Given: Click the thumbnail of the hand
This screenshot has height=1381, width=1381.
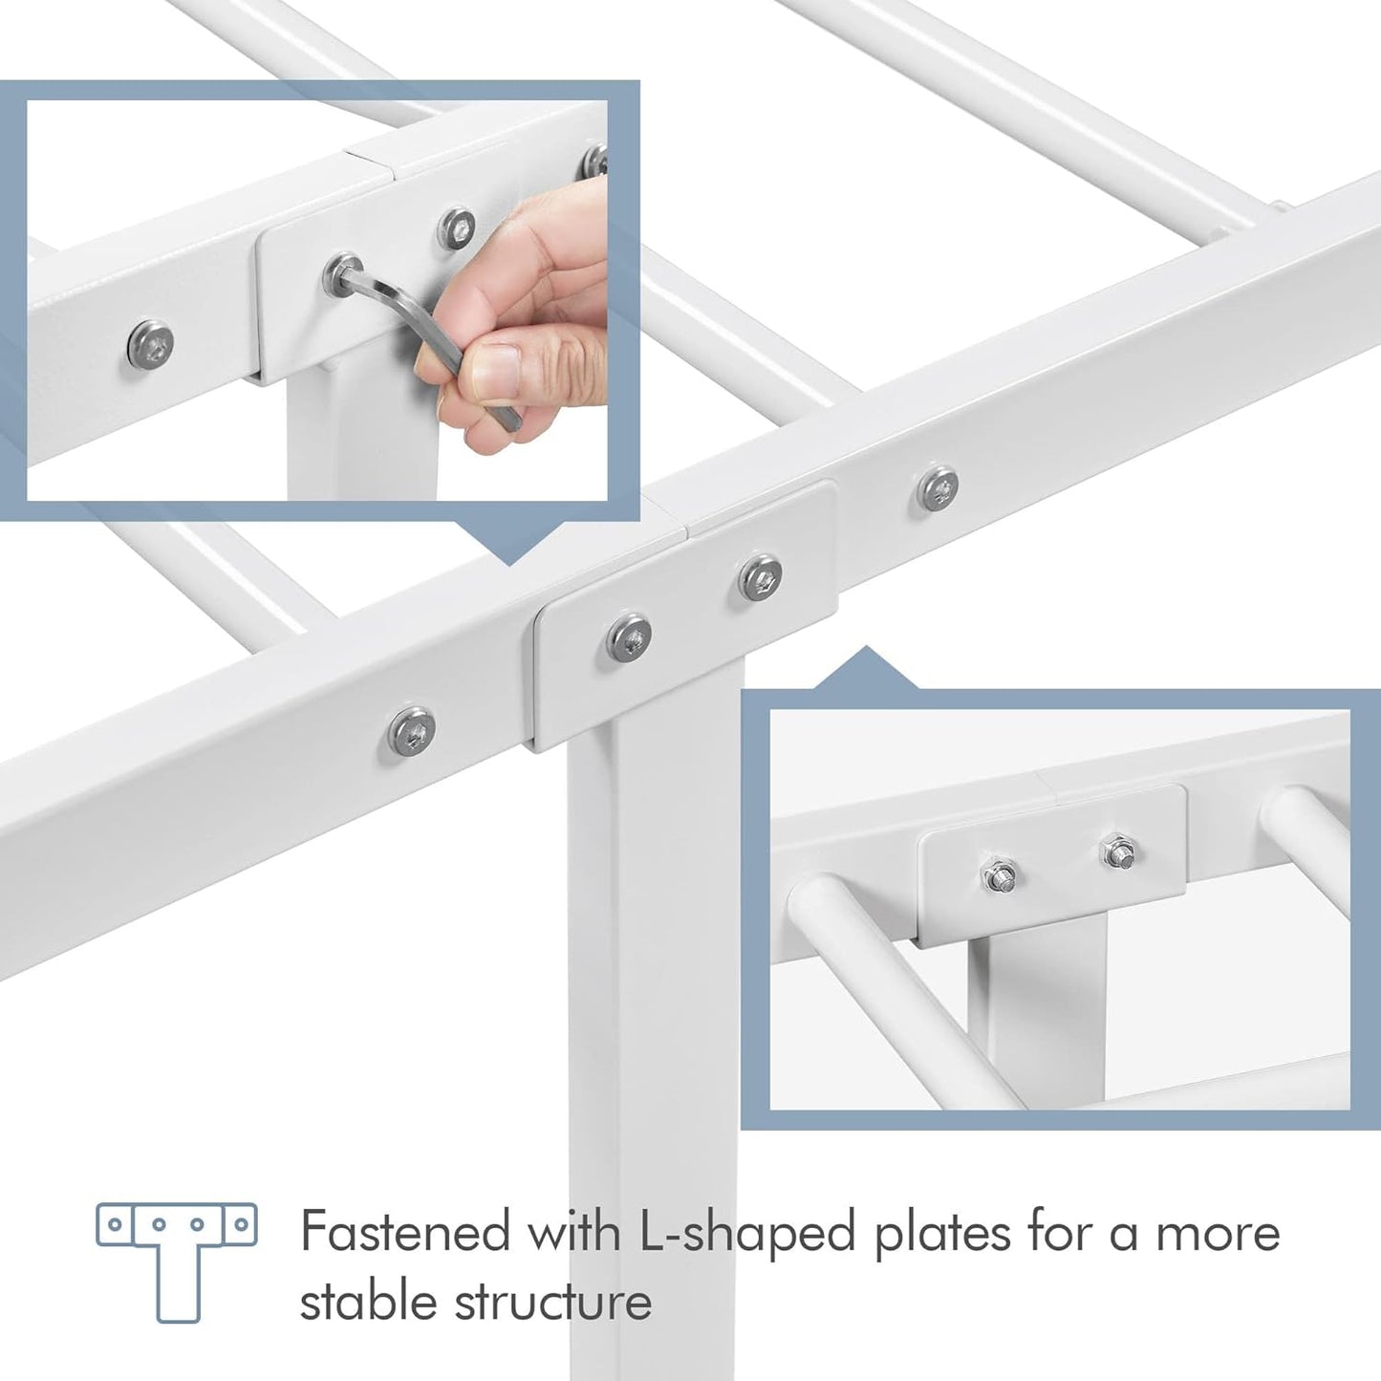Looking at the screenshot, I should pyautogui.click(x=502, y=378).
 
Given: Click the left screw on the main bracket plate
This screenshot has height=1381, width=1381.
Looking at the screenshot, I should pyautogui.click(x=629, y=637).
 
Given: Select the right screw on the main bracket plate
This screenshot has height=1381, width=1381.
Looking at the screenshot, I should pyautogui.click(x=760, y=576).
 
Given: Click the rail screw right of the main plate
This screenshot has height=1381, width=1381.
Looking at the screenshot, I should pyautogui.click(x=938, y=489).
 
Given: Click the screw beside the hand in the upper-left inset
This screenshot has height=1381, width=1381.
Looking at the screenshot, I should pyautogui.click(x=458, y=227).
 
